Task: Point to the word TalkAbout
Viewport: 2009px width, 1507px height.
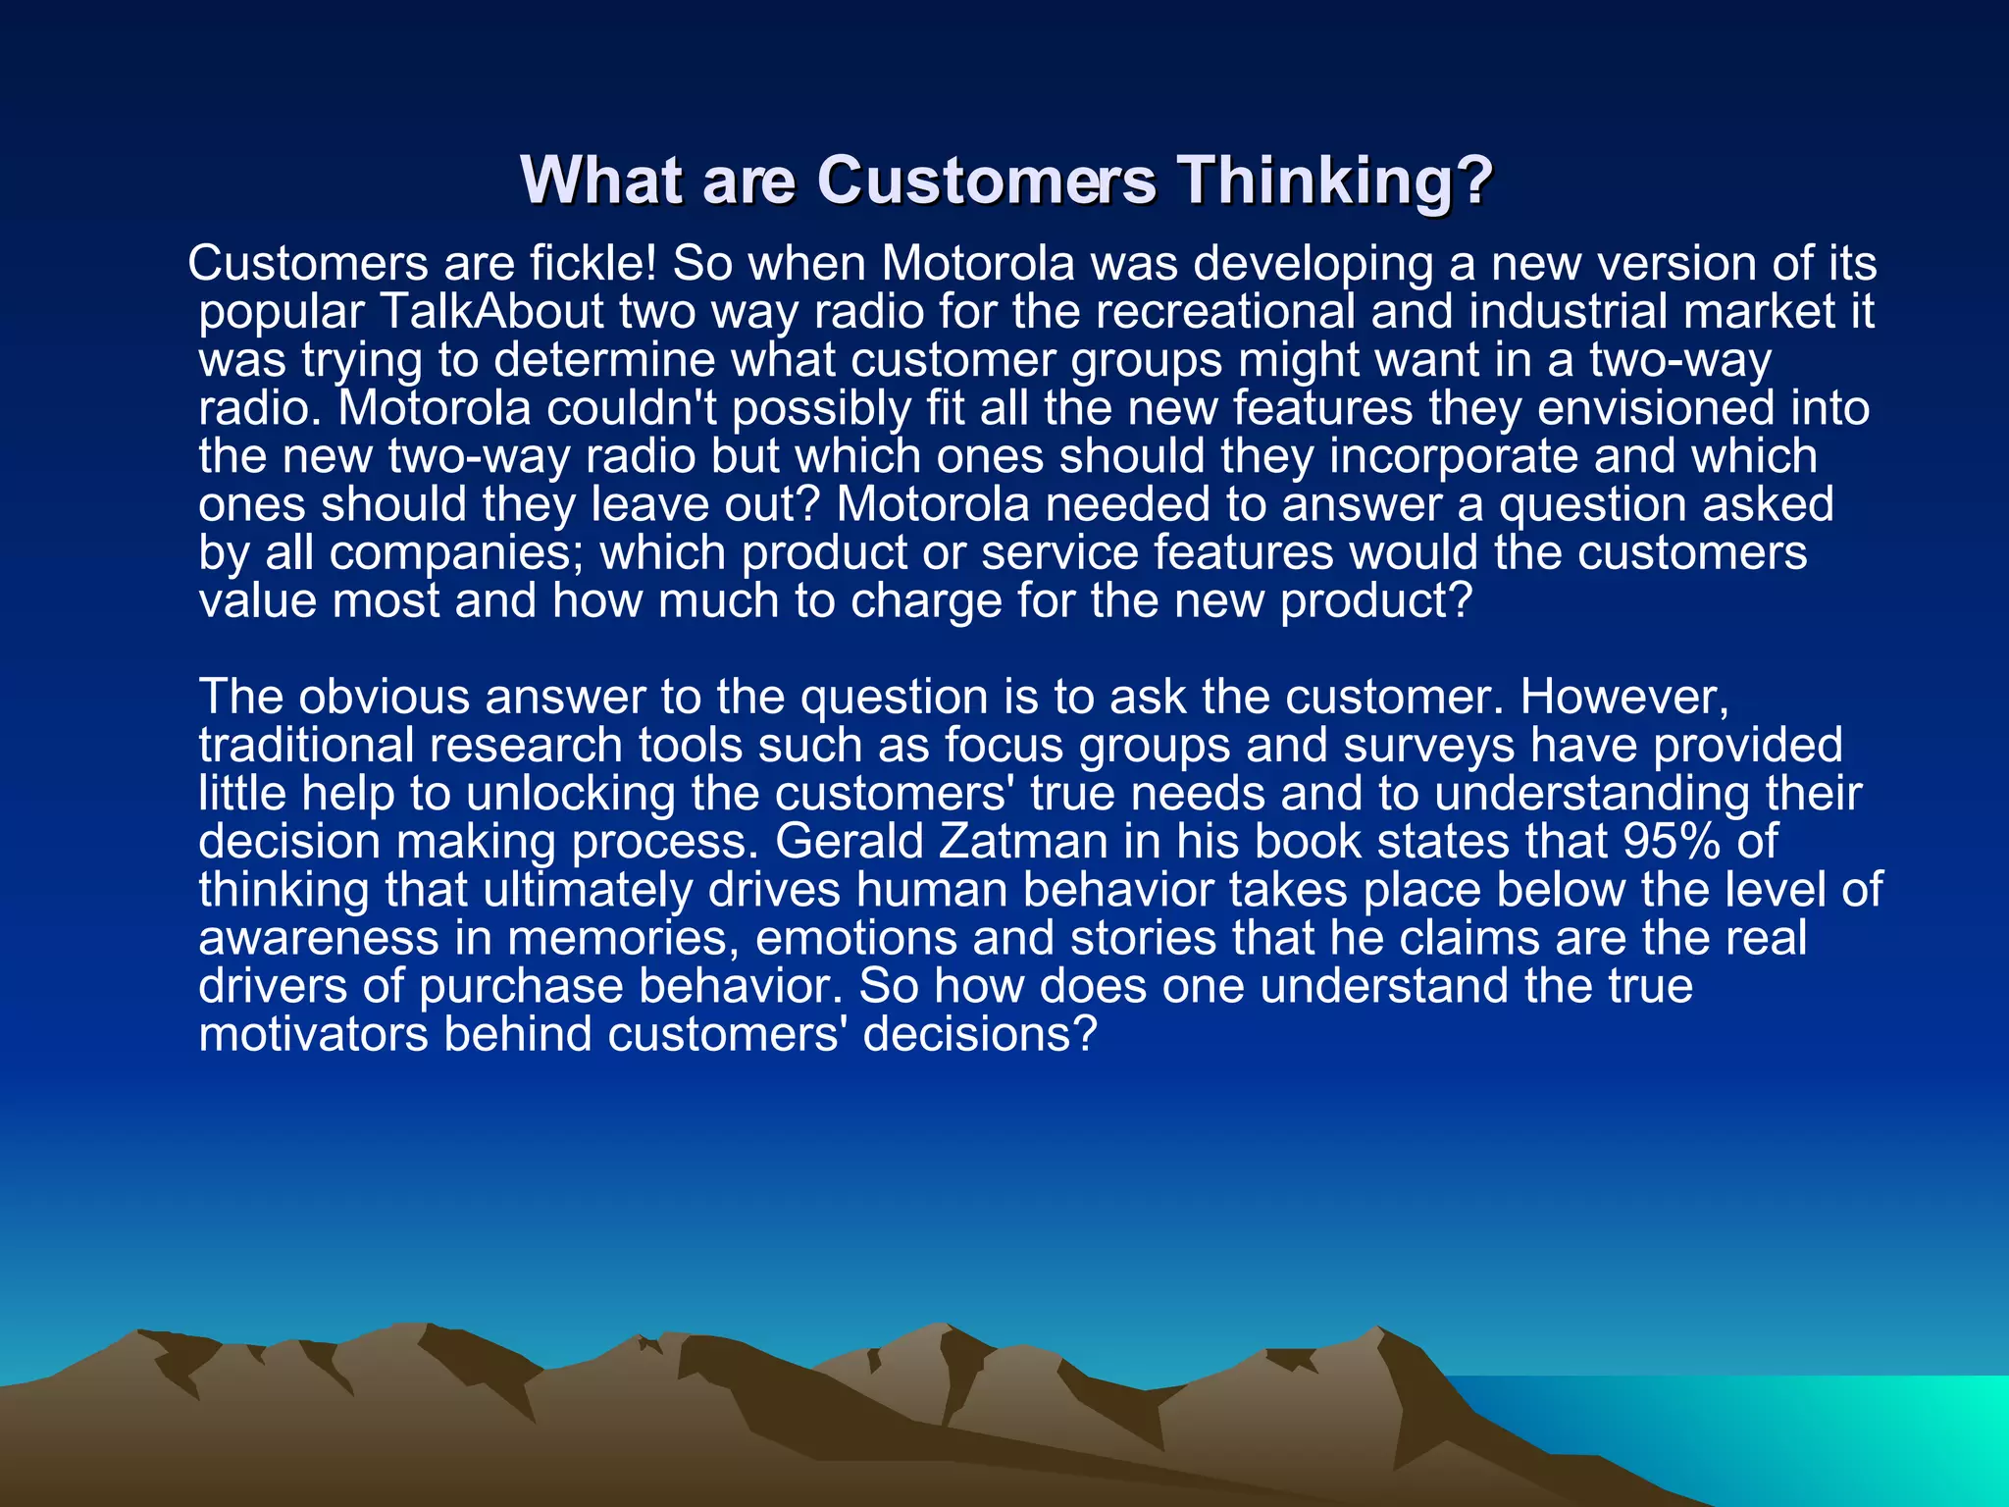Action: point(490,312)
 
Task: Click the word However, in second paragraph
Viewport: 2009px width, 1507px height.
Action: point(1624,698)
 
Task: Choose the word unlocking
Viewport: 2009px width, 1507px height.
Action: point(570,794)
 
